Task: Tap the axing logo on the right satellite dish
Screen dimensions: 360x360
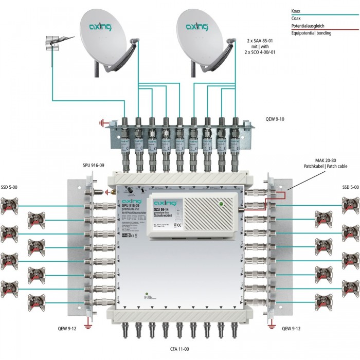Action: pos(197,26)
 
